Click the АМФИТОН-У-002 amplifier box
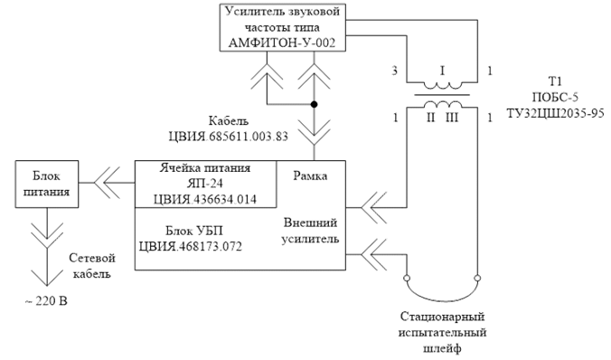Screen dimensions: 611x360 [283, 27]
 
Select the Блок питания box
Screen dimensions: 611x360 [47, 184]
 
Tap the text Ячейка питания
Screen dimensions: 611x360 [205, 168]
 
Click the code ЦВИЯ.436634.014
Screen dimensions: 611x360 [205, 199]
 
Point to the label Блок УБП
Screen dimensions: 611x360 [194, 231]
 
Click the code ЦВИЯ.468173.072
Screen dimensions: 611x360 [191, 247]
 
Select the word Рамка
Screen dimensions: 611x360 [310, 175]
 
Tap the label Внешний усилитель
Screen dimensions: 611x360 [310, 231]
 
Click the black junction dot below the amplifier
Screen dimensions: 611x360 [314, 105]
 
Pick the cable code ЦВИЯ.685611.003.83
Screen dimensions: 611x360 [229, 137]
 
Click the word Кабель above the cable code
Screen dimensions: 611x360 [229, 120]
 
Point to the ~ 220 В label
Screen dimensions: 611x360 [46, 301]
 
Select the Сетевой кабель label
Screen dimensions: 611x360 [92, 266]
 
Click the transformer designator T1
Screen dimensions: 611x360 [555, 81]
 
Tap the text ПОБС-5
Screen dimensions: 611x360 [555, 97]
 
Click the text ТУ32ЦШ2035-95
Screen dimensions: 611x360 [555, 113]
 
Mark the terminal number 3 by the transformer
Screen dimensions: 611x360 [394, 71]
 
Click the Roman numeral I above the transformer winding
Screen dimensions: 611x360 [442, 71]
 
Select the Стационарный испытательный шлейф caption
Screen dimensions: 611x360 [442, 332]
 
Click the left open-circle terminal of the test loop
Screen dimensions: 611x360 [407, 278]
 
